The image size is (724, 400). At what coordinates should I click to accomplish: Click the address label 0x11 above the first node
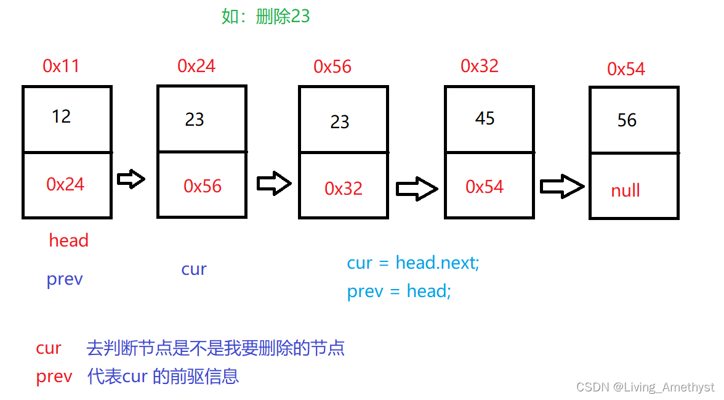[61, 66]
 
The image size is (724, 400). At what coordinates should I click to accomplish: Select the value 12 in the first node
[62, 116]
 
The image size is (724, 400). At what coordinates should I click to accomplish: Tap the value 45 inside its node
[485, 118]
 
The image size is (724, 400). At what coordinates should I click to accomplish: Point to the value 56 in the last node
[627, 120]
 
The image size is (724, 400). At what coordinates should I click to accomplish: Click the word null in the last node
[625, 190]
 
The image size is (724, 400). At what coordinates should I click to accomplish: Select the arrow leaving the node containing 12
[131, 179]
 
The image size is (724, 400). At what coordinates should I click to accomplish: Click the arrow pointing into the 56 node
[561, 187]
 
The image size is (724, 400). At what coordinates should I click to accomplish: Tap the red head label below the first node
[69, 240]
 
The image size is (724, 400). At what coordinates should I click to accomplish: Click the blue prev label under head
[65, 279]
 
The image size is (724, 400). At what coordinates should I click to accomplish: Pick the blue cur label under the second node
[194, 269]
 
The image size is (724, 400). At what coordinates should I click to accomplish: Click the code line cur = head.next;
[413, 263]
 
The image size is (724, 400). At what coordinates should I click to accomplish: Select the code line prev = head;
[399, 291]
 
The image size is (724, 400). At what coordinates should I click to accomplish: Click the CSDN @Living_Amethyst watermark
[645, 387]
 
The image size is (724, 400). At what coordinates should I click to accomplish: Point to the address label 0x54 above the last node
[626, 69]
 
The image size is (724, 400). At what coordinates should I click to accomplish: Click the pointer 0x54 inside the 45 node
[485, 187]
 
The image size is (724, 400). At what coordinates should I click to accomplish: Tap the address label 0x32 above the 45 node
[480, 66]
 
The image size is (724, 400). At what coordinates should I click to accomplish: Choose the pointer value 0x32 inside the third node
[344, 189]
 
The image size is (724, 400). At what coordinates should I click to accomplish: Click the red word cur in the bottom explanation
[49, 348]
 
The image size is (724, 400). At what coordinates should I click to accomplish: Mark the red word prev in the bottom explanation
[54, 376]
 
